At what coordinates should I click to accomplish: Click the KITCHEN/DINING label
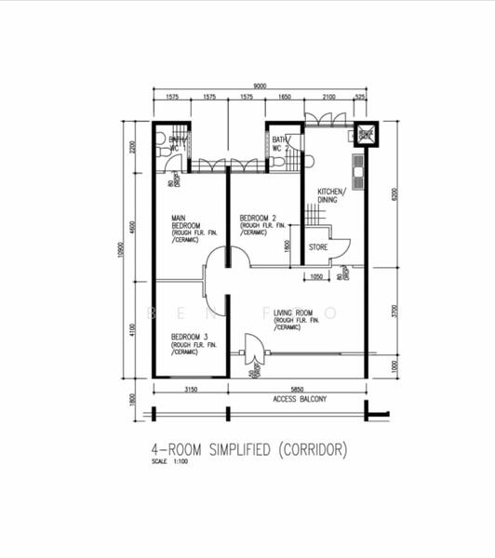point(331,195)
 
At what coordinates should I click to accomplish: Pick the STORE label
point(319,247)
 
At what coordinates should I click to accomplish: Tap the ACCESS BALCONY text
point(299,398)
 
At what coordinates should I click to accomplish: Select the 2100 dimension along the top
point(329,96)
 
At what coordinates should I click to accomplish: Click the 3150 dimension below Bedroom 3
point(191,388)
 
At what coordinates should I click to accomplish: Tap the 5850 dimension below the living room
point(298,388)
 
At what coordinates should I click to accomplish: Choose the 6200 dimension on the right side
point(395,195)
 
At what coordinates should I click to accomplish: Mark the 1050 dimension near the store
point(316,276)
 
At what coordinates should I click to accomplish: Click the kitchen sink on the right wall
point(358,168)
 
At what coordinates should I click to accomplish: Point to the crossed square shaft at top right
point(364,135)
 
